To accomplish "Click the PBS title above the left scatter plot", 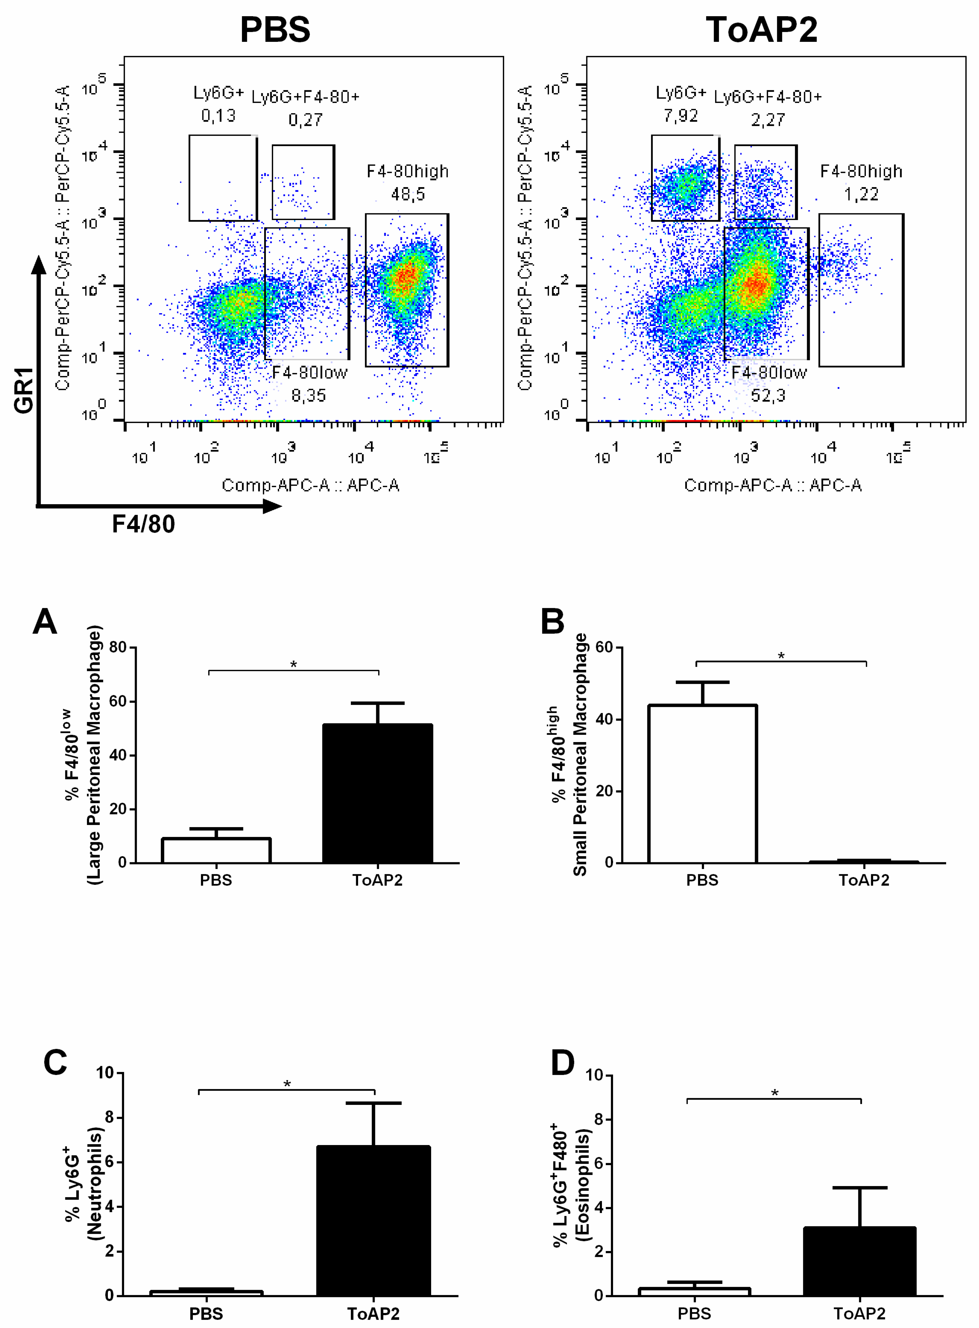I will [x=275, y=30].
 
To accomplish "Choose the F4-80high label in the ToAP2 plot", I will [x=861, y=171].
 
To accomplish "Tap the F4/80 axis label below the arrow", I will [x=144, y=524].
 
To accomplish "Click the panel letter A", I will [x=45, y=622].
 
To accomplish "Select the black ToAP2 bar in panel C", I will [x=373, y=1221].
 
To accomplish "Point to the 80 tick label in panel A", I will [x=118, y=647].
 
